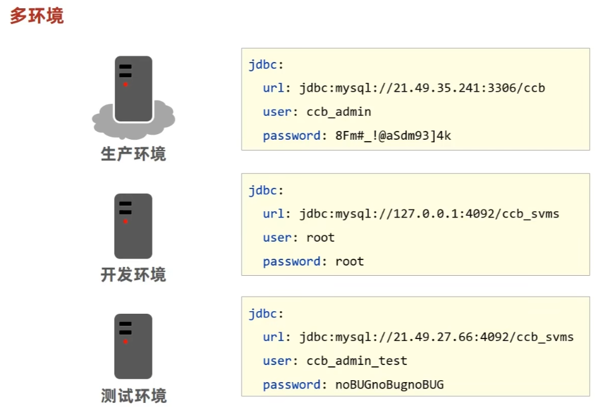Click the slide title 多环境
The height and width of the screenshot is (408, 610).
[37, 16]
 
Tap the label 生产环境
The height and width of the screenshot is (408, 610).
[133, 154]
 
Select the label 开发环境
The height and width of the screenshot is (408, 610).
[133, 275]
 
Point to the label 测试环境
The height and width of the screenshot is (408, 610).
[133, 396]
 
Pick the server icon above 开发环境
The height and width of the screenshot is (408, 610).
[133, 226]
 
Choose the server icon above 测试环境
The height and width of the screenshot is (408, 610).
[133, 346]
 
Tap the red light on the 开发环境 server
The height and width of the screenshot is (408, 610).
[125, 221]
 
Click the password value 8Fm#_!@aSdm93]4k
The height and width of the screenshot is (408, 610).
[393, 135]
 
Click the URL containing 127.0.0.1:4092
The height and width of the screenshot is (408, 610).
[429, 214]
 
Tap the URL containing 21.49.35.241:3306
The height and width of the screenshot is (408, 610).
[422, 88]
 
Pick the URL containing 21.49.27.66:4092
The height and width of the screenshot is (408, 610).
[436, 337]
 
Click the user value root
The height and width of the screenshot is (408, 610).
[320, 238]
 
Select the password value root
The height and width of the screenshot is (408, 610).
[350, 261]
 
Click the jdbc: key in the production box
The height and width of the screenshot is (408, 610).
[266, 65]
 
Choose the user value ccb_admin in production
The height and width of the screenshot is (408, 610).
[339, 112]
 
